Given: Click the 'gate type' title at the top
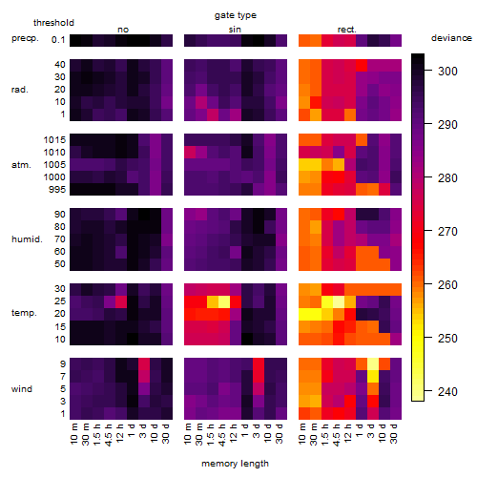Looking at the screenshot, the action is point(236,15).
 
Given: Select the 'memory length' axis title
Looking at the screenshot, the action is point(235,464).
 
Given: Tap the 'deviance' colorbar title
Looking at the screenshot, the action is point(451,38).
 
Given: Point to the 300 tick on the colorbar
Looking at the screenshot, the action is point(428,71).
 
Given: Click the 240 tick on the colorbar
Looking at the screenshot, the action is point(428,391).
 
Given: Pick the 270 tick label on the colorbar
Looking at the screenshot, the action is point(447,231).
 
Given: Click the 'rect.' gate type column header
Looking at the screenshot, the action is point(347,30).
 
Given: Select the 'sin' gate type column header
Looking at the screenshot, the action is point(235,30).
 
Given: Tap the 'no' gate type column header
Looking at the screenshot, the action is point(123,30).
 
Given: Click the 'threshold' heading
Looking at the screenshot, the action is point(53,23).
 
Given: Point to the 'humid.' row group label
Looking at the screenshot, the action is point(27,239).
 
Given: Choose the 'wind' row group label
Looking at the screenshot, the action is point(22,389).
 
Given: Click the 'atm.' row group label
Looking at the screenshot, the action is point(21,165).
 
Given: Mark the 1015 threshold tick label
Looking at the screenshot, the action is point(54,139).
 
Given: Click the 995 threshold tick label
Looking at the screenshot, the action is point(57,190).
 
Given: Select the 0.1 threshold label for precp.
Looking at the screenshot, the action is point(58,40).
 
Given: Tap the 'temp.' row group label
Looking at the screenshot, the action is point(24,313).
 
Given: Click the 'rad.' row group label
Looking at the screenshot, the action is point(20,90).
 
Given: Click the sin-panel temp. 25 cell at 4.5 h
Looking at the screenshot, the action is point(224,301).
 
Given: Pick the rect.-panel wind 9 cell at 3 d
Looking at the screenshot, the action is point(373,363).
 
